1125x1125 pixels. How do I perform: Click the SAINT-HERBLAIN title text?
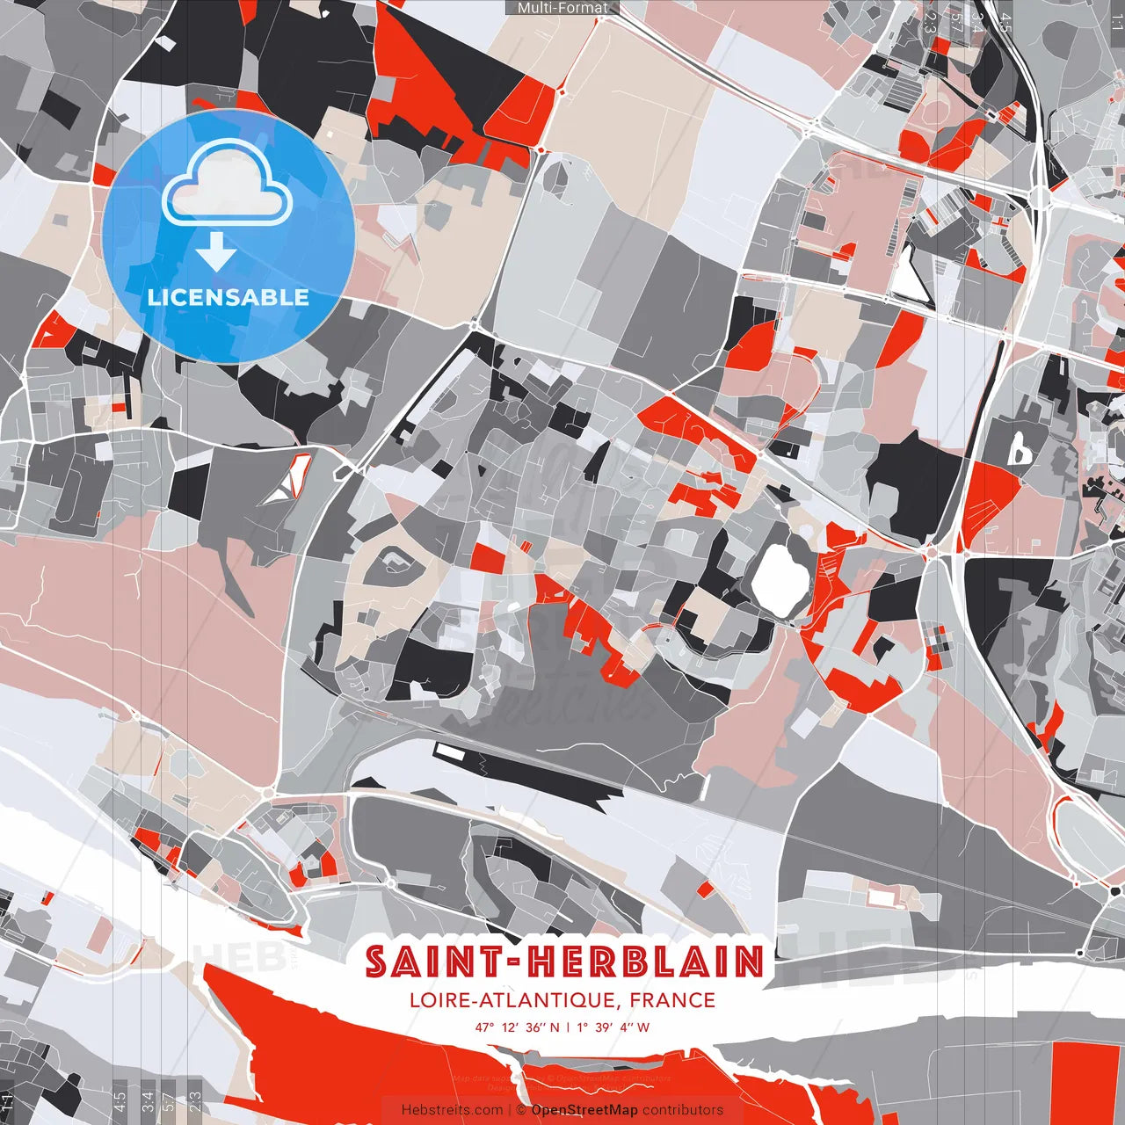[x=563, y=962]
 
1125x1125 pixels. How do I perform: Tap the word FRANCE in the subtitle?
[x=672, y=1000]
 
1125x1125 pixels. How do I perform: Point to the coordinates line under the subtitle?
[x=562, y=1027]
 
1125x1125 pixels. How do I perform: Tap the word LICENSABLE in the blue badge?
[x=228, y=297]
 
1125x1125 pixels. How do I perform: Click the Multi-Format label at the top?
[x=562, y=8]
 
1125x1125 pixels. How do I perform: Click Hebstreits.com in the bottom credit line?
[x=452, y=1110]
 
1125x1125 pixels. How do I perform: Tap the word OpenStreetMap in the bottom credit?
[x=584, y=1110]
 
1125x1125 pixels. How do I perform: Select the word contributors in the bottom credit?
[x=683, y=1110]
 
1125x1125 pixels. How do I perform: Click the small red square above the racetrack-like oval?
[x=489, y=556]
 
